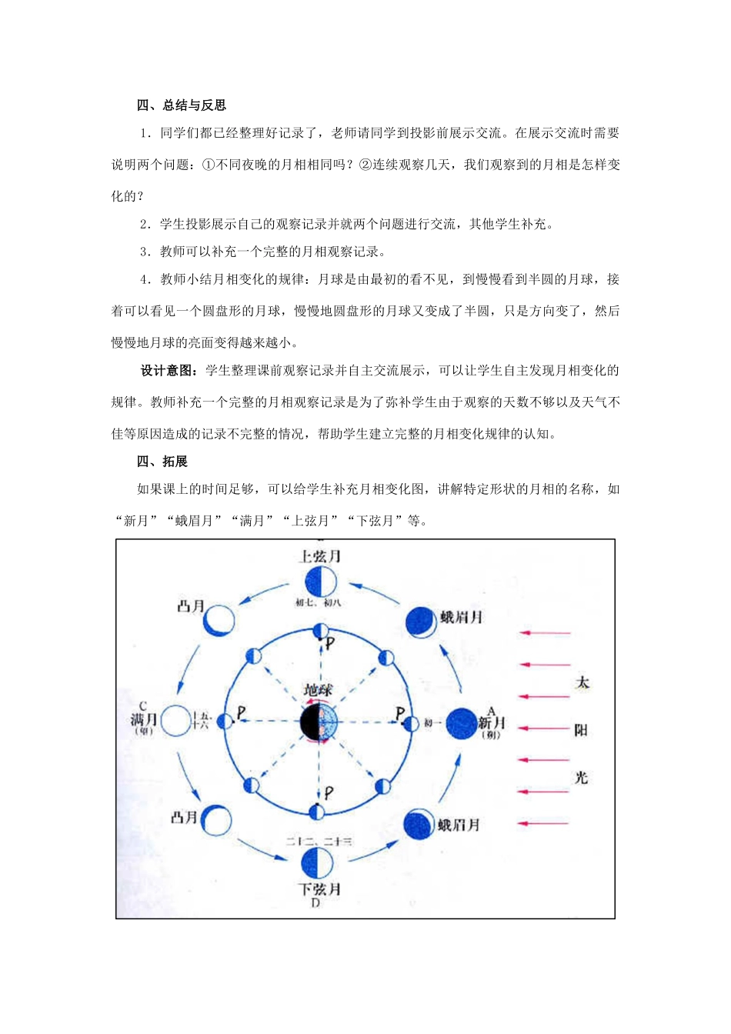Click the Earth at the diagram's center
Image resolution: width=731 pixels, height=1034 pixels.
[x=319, y=722]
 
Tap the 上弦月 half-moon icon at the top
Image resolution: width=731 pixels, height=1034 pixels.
[x=319, y=582]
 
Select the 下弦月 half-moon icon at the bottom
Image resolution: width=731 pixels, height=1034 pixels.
[x=317, y=863]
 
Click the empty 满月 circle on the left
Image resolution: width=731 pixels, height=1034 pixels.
[x=175, y=721]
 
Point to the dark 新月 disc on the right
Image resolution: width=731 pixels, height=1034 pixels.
[x=461, y=723]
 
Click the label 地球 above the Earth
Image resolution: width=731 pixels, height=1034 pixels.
[x=318, y=690]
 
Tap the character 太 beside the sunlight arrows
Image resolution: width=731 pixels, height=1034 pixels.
[x=582, y=682]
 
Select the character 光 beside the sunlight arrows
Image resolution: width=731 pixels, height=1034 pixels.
[x=581, y=777]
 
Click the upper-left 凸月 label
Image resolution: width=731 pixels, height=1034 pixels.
[x=191, y=606]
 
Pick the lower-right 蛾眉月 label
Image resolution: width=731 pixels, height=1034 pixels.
[x=459, y=825]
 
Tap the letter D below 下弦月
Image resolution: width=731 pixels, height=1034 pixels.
[x=315, y=902]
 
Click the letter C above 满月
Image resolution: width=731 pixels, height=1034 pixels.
[x=143, y=705]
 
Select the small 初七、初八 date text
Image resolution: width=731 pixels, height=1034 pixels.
[x=318, y=602]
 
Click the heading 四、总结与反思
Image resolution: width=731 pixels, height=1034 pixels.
[x=182, y=105]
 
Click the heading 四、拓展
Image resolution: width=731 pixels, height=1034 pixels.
[x=162, y=461]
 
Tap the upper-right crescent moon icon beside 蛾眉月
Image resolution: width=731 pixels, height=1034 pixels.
[x=420, y=622]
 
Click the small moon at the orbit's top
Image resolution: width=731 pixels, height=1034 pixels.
[x=319, y=631]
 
